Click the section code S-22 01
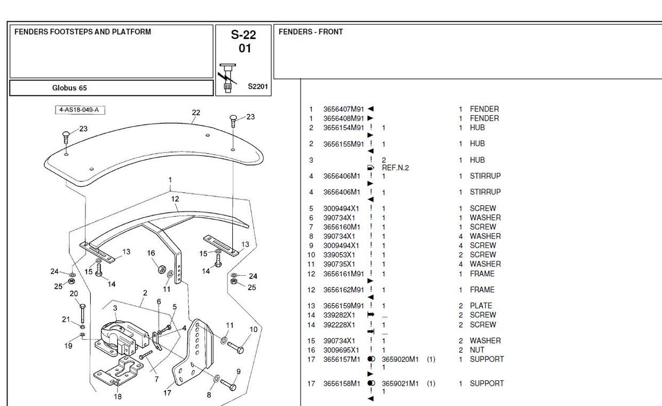(x=243, y=42)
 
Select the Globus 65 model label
(x=69, y=88)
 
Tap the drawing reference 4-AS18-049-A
(x=81, y=110)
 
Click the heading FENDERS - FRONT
(x=311, y=32)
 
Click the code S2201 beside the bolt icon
(x=258, y=86)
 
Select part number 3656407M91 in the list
(x=343, y=109)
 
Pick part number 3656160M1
(x=342, y=227)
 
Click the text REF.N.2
(x=395, y=168)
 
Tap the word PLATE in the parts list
(x=480, y=306)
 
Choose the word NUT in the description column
(x=477, y=351)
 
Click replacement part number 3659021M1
(x=400, y=384)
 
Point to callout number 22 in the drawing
(x=196, y=113)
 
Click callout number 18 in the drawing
(x=117, y=396)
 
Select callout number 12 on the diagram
(x=175, y=199)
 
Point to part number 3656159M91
(x=343, y=306)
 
